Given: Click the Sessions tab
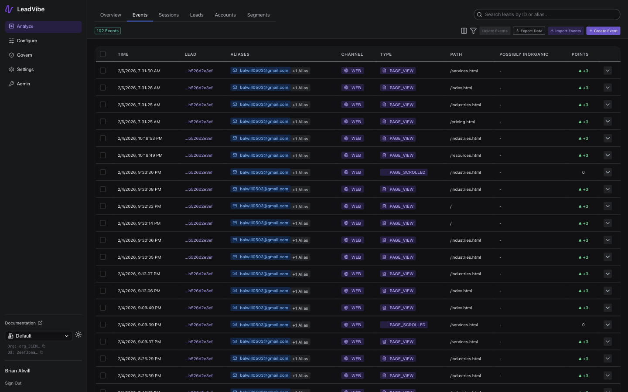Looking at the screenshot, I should pyautogui.click(x=168, y=15).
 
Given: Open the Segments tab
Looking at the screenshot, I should pyautogui.click(x=258, y=15).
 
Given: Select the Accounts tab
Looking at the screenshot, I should pyautogui.click(x=225, y=15).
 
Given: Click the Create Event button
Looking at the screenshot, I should pyautogui.click(x=603, y=31).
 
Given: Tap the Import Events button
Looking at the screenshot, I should pyautogui.click(x=565, y=31).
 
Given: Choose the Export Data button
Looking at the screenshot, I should pyautogui.click(x=529, y=31).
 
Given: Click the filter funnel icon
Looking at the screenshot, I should pyautogui.click(x=473, y=31).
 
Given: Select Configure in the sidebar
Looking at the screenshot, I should pyautogui.click(x=27, y=41).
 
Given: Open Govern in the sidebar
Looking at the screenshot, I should pyautogui.click(x=24, y=55).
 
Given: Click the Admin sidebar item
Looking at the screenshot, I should pyautogui.click(x=23, y=84).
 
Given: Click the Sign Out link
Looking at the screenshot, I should pyautogui.click(x=13, y=383).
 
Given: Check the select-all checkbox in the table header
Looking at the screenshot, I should pyautogui.click(x=103, y=54).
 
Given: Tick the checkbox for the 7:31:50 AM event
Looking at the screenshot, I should pyautogui.click(x=103, y=71).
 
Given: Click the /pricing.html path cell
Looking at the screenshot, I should pyautogui.click(x=463, y=122).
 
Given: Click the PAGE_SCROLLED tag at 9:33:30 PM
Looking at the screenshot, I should pyautogui.click(x=404, y=172).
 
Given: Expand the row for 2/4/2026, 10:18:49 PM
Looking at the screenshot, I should pyautogui.click(x=608, y=155).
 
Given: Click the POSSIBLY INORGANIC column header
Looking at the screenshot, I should pyautogui.click(x=524, y=54).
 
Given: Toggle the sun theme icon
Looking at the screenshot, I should pyautogui.click(x=78, y=335).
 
